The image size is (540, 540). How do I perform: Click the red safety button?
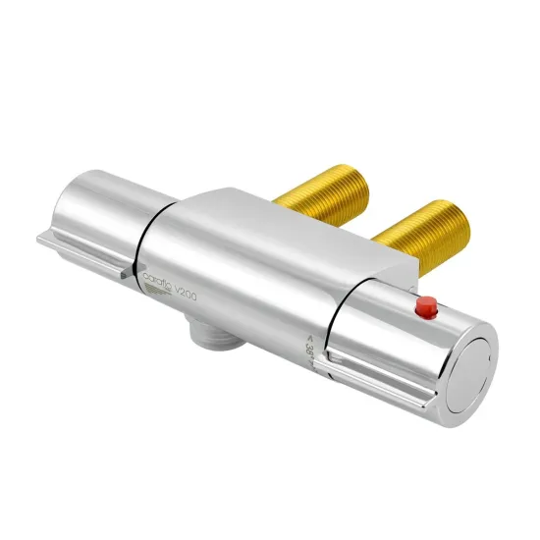point(426,309)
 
